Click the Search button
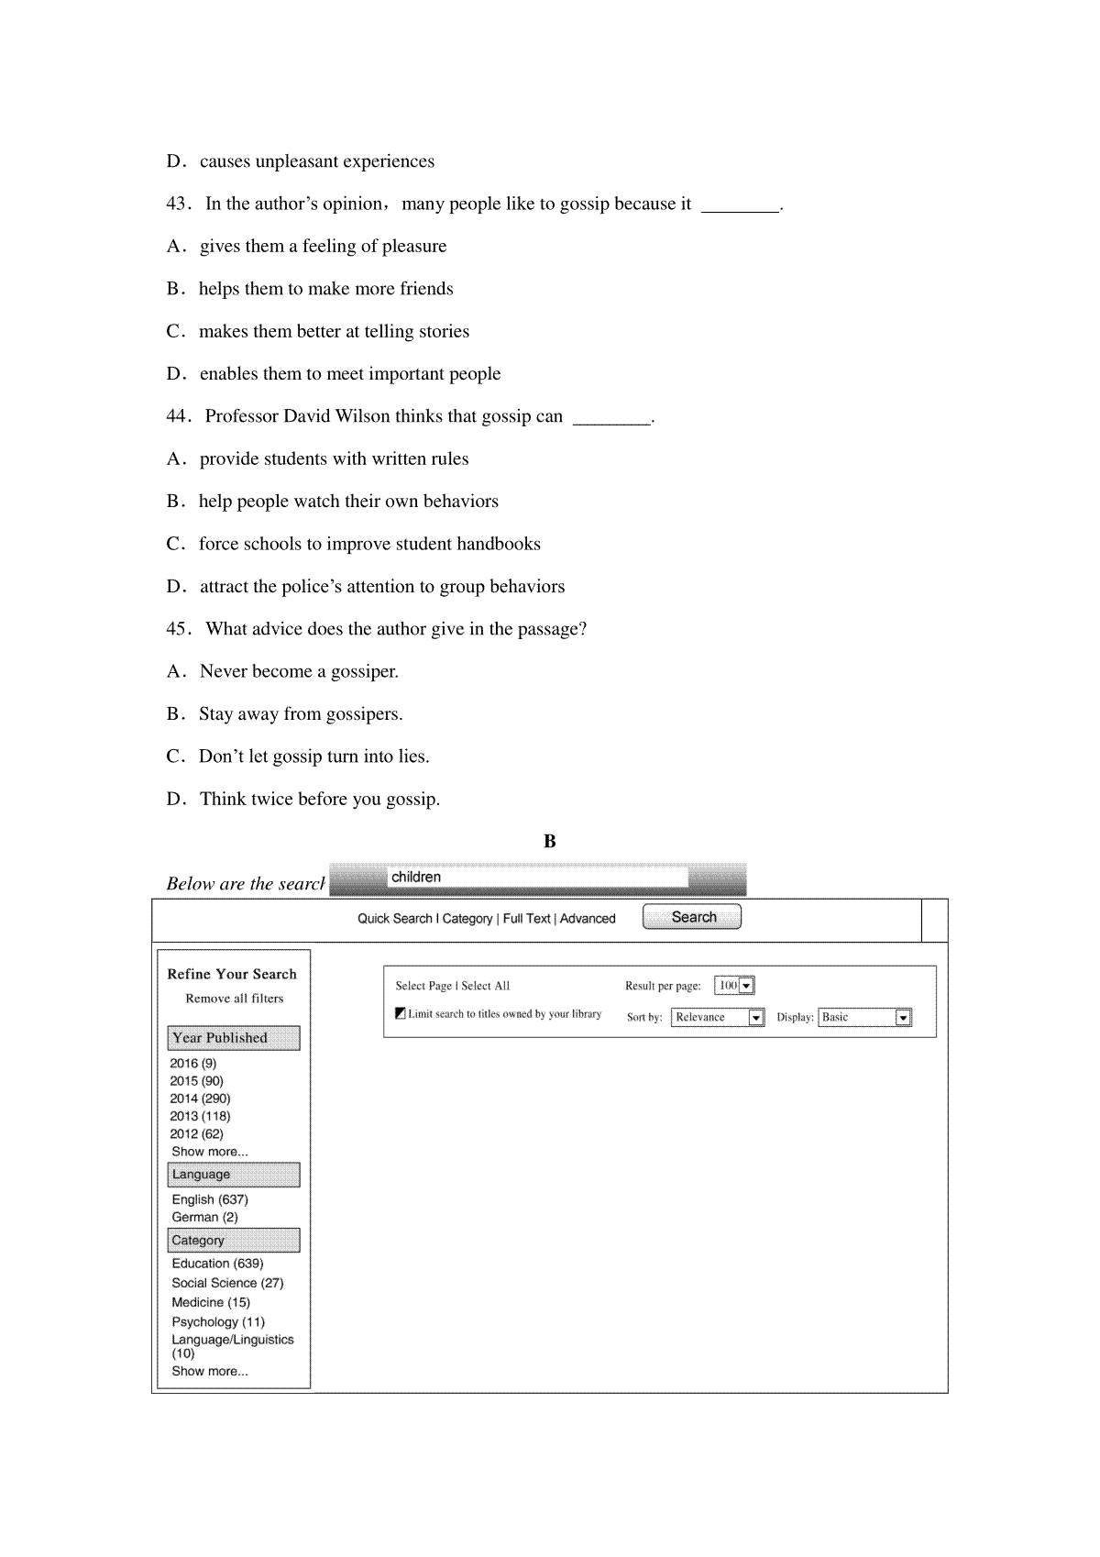pos(692,917)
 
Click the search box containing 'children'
pos(537,878)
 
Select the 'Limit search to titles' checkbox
pos(401,1013)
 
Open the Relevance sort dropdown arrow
pos(756,1018)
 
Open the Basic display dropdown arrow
pos(903,1018)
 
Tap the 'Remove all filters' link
pos(235,999)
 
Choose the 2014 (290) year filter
pos(200,1099)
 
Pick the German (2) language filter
pos(204,1217)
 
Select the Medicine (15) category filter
pos(211,1302)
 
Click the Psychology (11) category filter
pos(218,1321)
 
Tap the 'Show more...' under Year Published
pos(210,1152)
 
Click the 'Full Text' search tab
pos(527,919)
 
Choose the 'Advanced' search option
pos(588,919)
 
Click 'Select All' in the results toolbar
pos(485,987)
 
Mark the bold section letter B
pos(550,842)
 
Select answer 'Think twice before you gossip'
pos(319,799)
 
